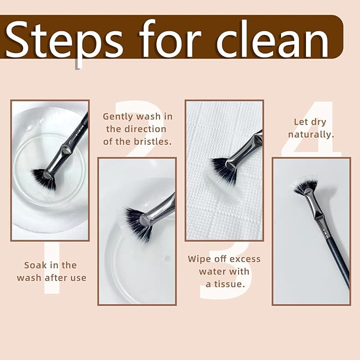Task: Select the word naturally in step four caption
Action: [x=311, y=134]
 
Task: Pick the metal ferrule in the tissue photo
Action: [x=245, y=150]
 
